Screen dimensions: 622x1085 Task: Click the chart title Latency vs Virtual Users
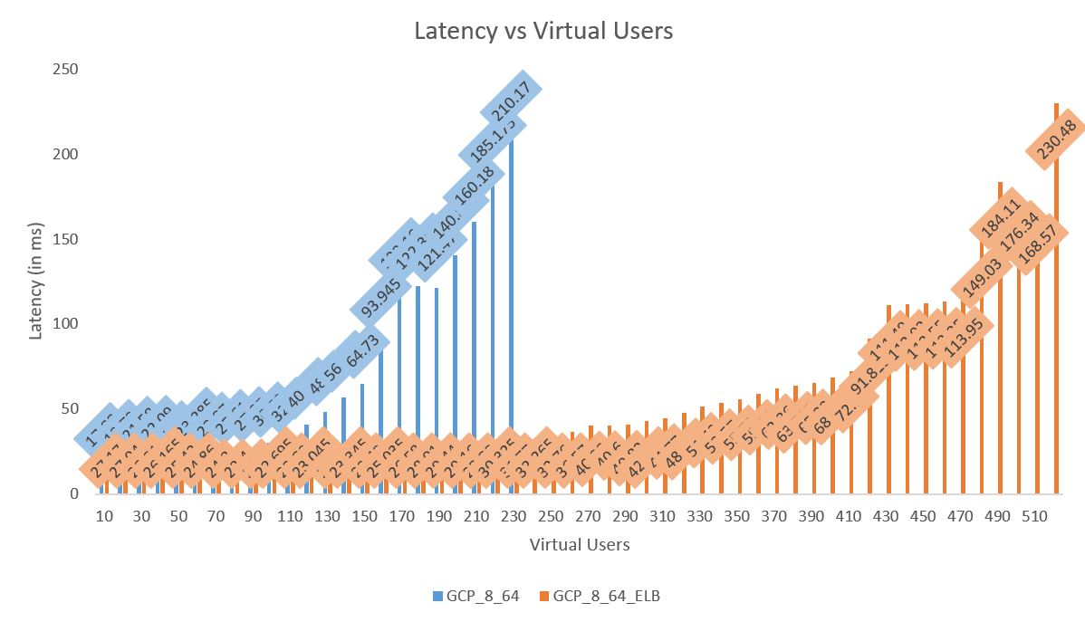coord(543,31)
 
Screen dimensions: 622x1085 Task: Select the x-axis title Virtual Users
coord(580,545)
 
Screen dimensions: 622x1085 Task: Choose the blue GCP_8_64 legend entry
coord(481,597)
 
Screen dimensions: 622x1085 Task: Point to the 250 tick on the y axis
coord(67,70)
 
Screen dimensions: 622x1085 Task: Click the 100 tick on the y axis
coord(67,324)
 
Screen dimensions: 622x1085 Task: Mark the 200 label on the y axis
coord(67,155)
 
